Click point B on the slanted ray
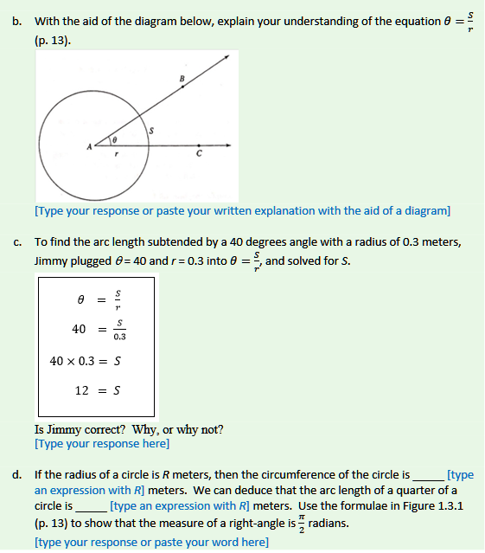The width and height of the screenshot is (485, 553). pyautogui.click(x=182, y=87)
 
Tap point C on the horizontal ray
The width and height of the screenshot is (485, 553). pyautogui.click(x=200, y=146)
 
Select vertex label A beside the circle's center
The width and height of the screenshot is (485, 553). pyautogui.click(x=88, y=146)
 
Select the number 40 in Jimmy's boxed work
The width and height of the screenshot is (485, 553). pyautogui.click(x=79, y=329)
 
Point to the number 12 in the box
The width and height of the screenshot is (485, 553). pyautogui.click(x=81, y=390)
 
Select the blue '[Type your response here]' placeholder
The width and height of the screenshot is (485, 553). pyautogui.click(x=102, y=444)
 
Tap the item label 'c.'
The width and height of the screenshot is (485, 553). pyautogui.click(x=17, y=242)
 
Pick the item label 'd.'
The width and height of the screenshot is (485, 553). pyautogui.click(x=17, y=475)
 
